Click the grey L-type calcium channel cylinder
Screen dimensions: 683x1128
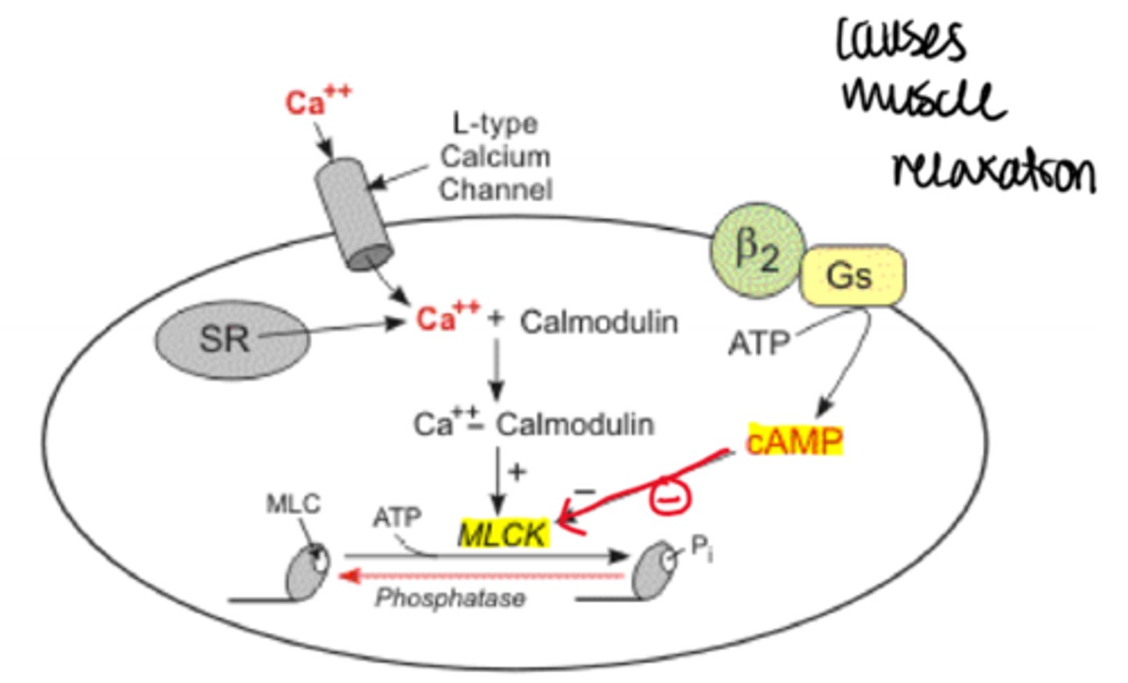(x=352, y=213)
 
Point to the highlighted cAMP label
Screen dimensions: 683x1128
(x=794, y=442)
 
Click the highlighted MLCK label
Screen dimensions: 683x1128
(x=503, y=534)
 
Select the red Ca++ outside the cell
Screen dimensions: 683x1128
(x=316, y=102)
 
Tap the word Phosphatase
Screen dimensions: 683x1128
(x=450, y=598)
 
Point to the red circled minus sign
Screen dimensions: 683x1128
(x=668, y=497)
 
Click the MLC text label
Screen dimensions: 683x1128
(x=293, y=504)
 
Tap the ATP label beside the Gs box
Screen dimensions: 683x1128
(x=758, y=343)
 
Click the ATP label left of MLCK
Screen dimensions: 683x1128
(x=396, y=518)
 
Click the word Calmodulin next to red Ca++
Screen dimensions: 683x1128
(x=598, y=322)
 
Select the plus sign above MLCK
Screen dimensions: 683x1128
(x=517, y=472)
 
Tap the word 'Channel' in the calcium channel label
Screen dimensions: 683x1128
(x=495, y=190)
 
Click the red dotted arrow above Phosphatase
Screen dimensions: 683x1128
(x=482, y=576)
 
